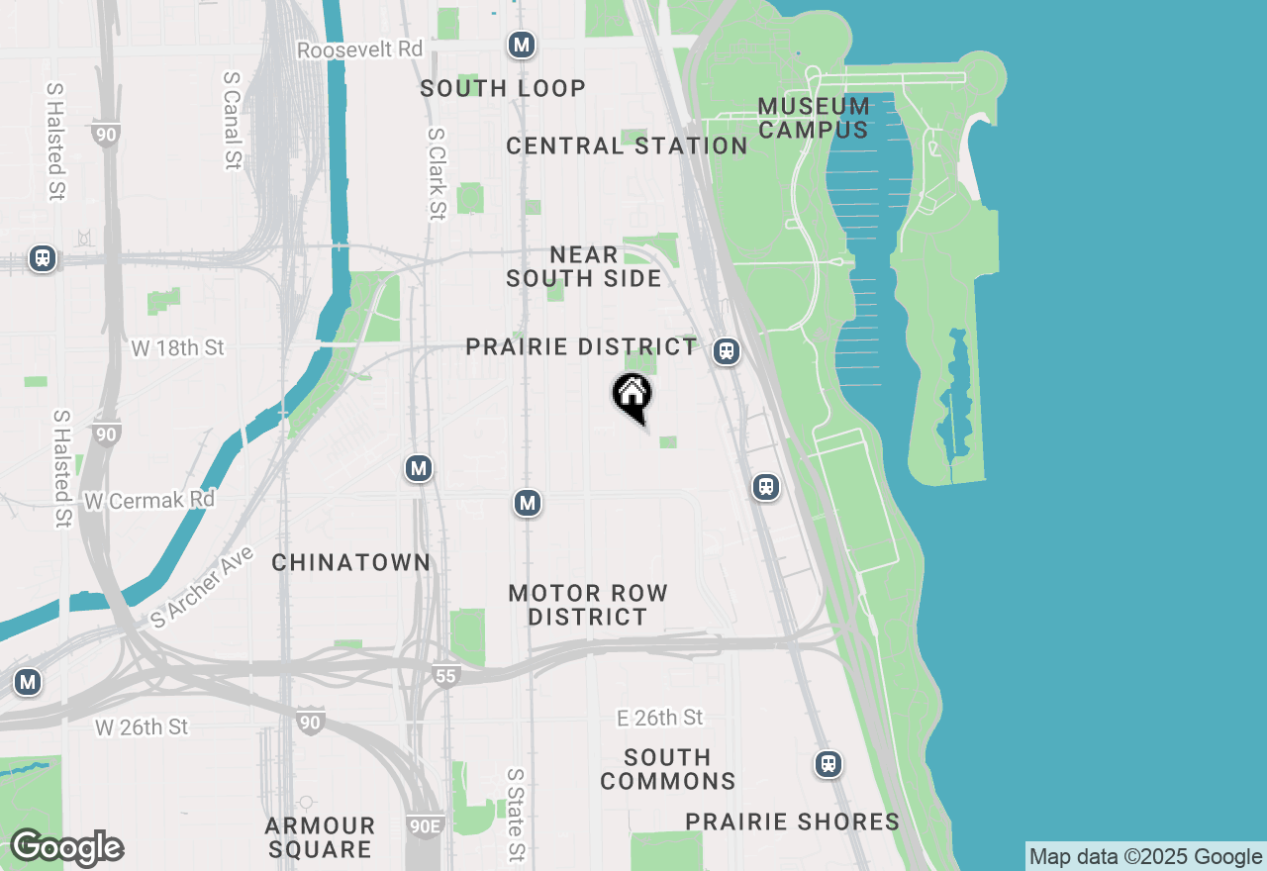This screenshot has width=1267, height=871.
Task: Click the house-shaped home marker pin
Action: tap(633, 396)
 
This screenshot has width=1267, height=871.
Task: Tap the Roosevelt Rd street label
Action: tap(360, 49)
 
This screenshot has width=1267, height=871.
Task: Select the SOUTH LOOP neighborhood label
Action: tap(503, 88)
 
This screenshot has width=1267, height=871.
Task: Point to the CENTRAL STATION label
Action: tap(627, 146)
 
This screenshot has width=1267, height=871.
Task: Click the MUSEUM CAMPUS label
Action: tap(814, 118)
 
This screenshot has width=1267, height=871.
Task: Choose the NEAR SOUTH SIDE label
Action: tap(584, 267)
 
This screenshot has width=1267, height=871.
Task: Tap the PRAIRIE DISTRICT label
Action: tap(581, 347)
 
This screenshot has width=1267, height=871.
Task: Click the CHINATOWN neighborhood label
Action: tap(351, 563)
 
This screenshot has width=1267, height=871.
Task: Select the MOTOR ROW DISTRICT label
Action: tap(588, 605)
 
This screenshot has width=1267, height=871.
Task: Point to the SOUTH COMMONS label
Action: tap(668, 769)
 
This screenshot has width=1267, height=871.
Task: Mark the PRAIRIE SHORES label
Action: tap(793, 823)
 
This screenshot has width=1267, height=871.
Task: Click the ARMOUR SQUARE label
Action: tap(320, 837)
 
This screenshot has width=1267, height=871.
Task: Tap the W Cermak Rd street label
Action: tap(149, 500)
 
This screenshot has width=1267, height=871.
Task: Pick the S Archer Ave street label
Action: tap(202, 588)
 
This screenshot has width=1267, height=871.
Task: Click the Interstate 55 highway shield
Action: tap(445, 676)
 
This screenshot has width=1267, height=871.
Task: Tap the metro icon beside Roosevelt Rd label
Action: tap(522, 45)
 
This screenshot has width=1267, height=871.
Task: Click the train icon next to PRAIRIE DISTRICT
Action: tap(728, 350)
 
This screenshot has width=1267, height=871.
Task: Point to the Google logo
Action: tap(66, 848)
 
